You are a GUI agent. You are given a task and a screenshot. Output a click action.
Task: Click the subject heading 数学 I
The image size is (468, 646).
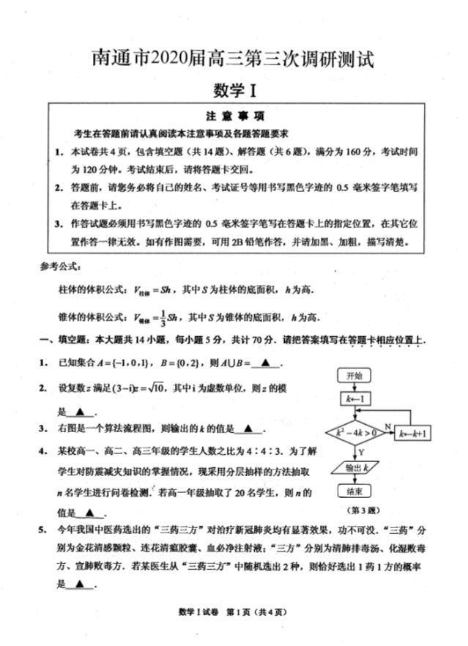tap(234, 89)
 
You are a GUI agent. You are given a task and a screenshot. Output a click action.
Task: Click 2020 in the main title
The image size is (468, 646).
tap(171, 58)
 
